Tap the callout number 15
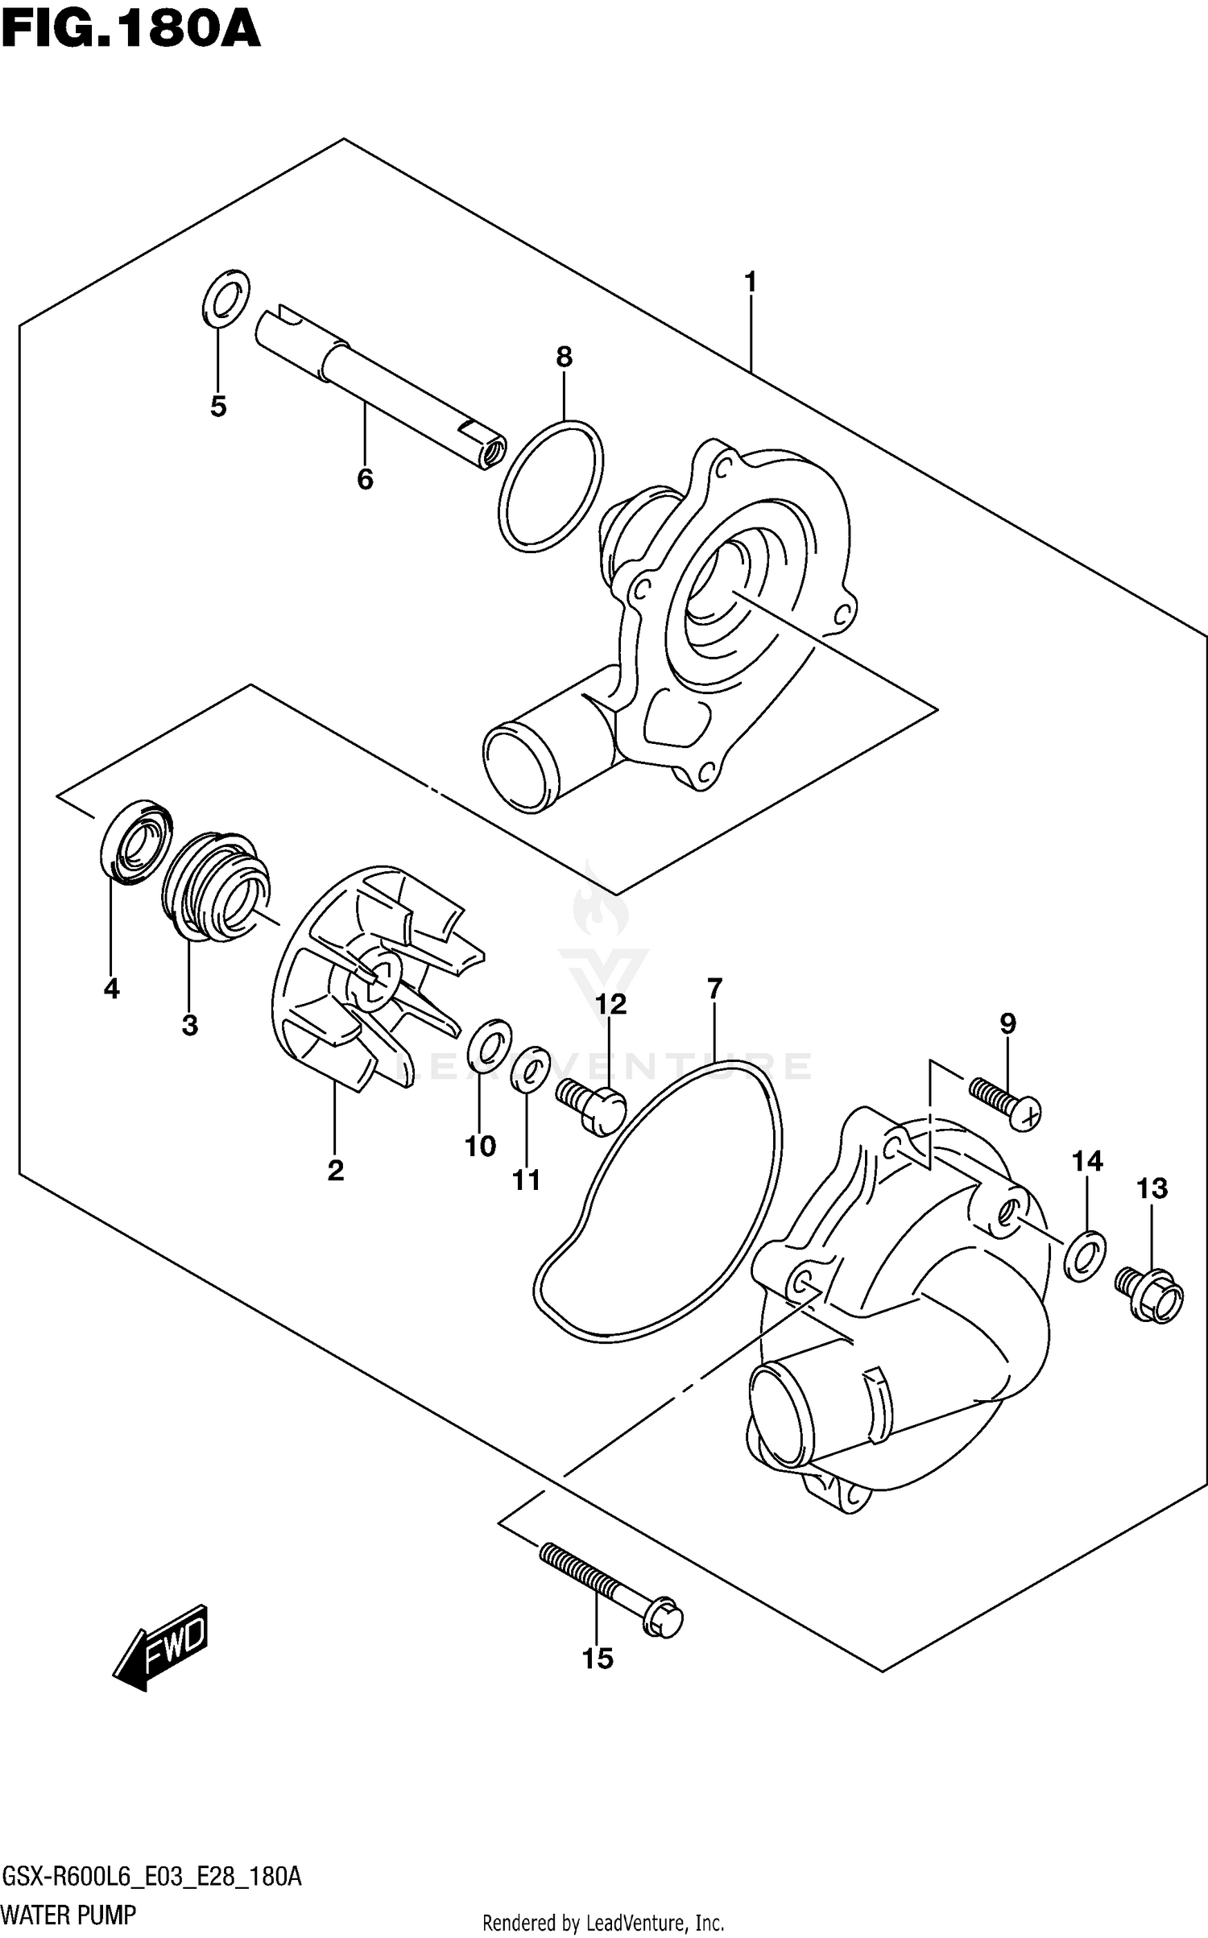(598, 1659)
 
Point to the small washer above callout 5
(225, 299)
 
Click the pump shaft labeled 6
(379, 386)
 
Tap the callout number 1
(750, 283)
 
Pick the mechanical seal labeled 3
(213, 886)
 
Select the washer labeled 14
(1085, 1255)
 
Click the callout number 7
(714, 988)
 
